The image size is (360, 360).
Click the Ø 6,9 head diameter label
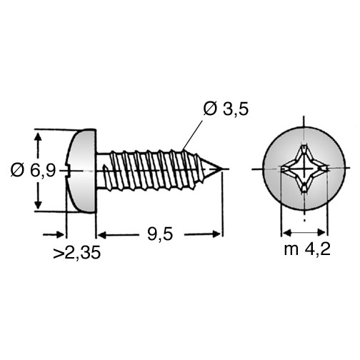tap(33, 171)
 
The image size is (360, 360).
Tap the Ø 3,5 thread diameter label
tap(226, 109)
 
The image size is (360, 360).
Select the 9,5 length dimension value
tap(160, 234)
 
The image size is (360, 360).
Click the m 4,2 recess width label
tap(307, 249)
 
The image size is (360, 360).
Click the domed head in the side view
tap(81, 171)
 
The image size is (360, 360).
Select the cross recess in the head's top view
tap(304, 169)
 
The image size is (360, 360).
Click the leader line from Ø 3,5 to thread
tap(193, 135)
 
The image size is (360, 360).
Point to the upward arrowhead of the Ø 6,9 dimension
tap(38, 138)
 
